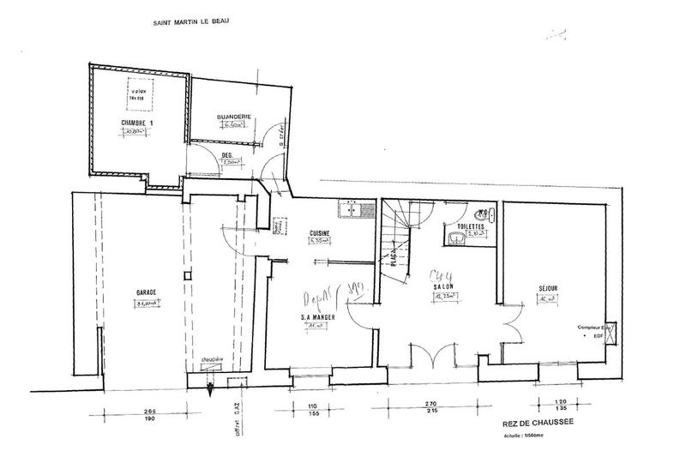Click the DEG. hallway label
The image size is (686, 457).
228,155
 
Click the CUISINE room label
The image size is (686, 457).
320,233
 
